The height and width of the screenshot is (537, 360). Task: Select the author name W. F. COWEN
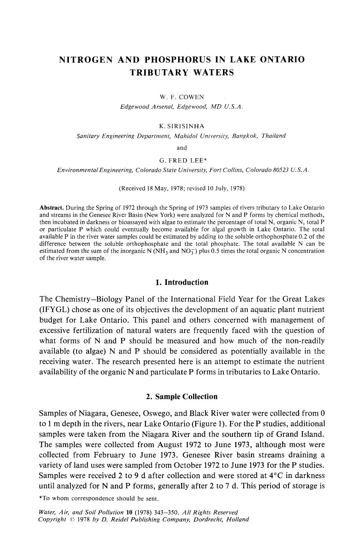point(182,97)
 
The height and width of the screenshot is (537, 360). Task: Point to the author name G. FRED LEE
point(182,160)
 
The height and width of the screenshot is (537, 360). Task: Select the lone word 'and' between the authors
point(182,148)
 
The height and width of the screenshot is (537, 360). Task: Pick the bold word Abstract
point(51,208)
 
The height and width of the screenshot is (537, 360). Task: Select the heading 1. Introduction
point(182,282)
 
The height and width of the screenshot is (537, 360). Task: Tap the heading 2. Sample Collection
point(182,397)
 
